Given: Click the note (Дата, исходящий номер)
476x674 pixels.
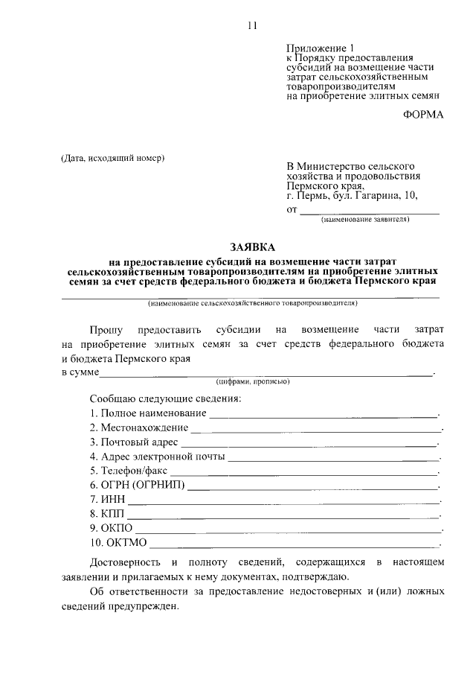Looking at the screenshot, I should (x=112, y=157).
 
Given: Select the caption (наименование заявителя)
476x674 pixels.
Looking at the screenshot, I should (x=364, y=220).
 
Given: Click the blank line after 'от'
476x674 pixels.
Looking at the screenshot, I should (x=368, y=213).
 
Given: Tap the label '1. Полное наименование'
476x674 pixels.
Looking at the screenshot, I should (x=147, y=413).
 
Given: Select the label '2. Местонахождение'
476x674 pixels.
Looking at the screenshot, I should (x=138, y=428).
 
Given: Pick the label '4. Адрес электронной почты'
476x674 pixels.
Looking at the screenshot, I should (x=156, y=457).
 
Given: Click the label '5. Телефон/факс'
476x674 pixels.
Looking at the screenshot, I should (x=129, y=471).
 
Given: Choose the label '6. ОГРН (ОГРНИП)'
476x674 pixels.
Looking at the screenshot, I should (x=138, y=486).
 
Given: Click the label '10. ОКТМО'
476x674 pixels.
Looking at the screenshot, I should (x=118, y=543).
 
